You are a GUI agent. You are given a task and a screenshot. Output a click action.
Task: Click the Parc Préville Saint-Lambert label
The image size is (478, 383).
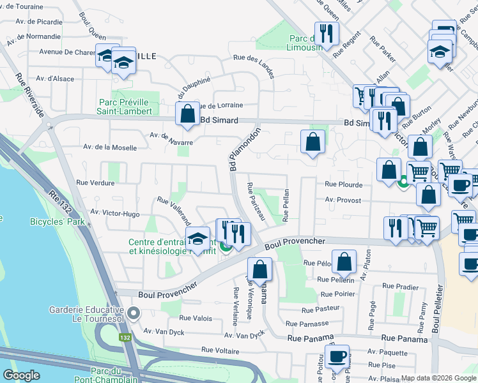pos(126,106)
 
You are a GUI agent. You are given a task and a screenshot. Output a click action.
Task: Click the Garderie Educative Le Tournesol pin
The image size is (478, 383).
pos(134,313)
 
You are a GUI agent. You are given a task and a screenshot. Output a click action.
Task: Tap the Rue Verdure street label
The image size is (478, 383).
pos(95,183)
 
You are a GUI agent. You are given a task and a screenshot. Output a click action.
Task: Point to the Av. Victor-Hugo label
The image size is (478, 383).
pos(115,213)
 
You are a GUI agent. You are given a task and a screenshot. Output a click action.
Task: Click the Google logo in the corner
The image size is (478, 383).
pos(21,375)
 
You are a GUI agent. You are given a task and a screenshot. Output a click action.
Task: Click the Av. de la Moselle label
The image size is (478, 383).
pos(109,147)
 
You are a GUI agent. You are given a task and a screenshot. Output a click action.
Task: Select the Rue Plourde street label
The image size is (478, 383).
pos(343,184)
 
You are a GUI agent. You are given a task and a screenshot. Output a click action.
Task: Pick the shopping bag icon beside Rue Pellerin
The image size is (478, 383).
pos(344,261)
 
